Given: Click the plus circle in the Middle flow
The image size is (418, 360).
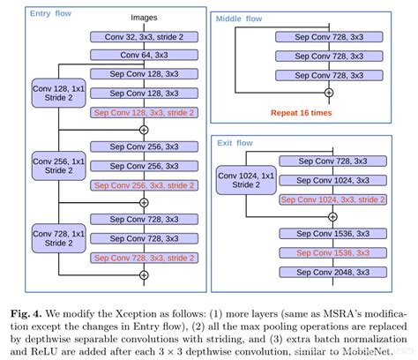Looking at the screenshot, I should pyautogui.click(x=328, y=91).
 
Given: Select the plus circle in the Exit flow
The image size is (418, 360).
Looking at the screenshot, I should pyautogui.click(x=328, y=216).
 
